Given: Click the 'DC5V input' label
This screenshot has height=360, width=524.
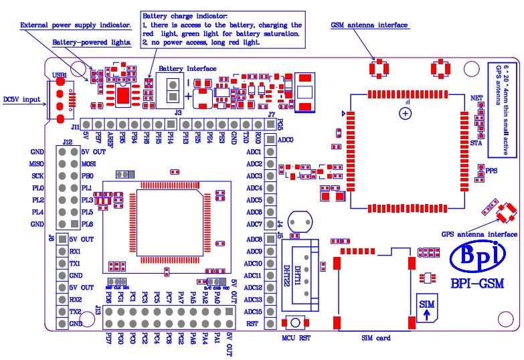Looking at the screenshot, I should tap(21, 100).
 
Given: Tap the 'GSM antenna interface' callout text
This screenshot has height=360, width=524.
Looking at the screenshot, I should tap(369, 25).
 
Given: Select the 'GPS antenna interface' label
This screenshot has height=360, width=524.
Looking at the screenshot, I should tap(478, 234).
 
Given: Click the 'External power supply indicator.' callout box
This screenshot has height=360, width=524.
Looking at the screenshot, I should tap(76, 25).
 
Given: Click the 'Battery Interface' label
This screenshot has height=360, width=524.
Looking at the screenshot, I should tap(187, 68).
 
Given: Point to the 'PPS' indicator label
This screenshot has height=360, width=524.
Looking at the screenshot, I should tap(492, 171).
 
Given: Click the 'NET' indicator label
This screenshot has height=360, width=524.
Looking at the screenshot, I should tap(477, 98).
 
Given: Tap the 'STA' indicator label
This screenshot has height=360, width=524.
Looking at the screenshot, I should tap(476, 143).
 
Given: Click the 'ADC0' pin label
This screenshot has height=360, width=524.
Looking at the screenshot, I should tap(285, 140).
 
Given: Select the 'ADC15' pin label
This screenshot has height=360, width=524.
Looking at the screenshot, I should tap(253, 312).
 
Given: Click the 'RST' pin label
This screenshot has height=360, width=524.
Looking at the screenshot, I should tap(252, 324).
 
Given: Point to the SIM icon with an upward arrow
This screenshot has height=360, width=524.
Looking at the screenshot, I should tap(426, 308).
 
